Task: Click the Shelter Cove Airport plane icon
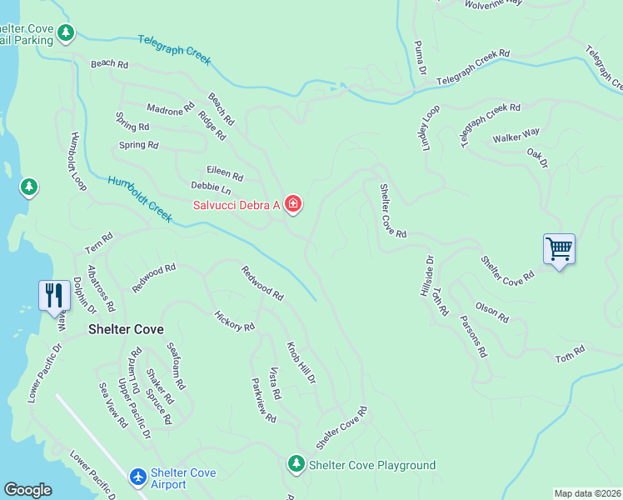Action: pyautogui.click(x=139, y=477)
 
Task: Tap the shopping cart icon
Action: pyautogui.click(x=560, y=248)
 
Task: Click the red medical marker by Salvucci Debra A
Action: pyautogui.click(x=292, y=204)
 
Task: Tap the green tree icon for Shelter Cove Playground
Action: pyautogui.click(x=296, y=464)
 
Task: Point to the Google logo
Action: pyautogui.click(x=28, y=490)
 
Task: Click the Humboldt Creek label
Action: pyautogui.click(x=139, y=198)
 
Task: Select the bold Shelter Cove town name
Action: pyautogui.click(x=127, y=329)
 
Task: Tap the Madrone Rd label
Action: pyautogui.click(x=170, y=108)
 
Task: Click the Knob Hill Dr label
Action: pyautogui.click(x=302, y=362)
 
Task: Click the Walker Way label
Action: pyautogui.click(x=516, y=135)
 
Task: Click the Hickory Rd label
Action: pyautogui.click(x=234, y=321)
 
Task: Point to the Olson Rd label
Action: pyautogui.click(x=491, y=312)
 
